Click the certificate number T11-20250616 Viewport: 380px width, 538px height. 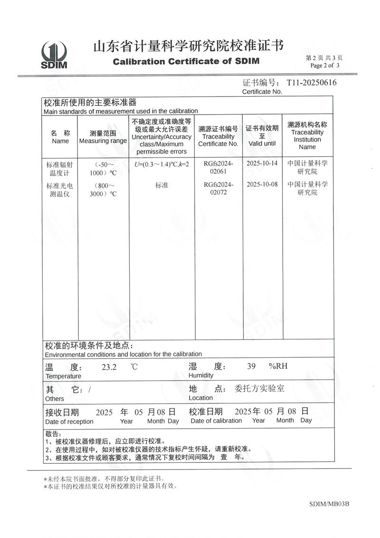312,83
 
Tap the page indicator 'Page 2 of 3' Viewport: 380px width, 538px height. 325,66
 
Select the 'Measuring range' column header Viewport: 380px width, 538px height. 103,137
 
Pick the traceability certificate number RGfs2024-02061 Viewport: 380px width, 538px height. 218,167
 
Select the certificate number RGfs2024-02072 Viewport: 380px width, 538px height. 218,188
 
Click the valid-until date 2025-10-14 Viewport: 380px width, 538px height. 262,163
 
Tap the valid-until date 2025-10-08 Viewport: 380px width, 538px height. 262,185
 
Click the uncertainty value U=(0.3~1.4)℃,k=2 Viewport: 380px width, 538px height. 162,164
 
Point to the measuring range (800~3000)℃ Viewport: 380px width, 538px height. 103,189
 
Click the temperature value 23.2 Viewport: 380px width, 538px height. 109,367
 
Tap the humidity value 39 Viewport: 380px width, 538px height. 252,366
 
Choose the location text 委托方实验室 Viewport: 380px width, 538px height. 260,389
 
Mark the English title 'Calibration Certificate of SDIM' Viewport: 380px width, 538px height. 186,61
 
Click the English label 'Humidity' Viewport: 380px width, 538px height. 201,376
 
